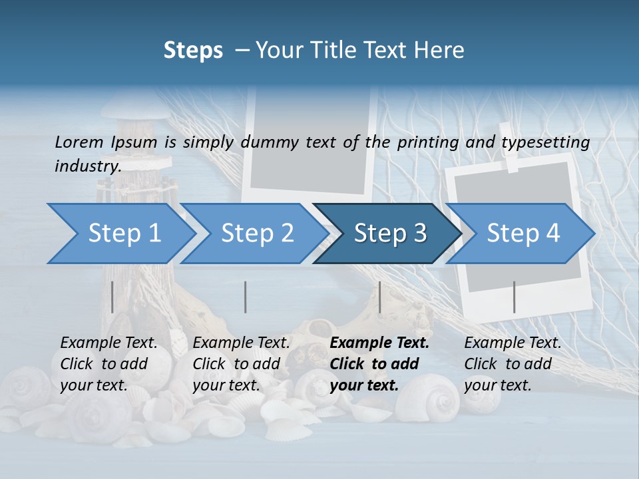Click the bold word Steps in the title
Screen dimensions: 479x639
click(193, 51)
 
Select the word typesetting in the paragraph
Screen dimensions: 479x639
click(545, 142)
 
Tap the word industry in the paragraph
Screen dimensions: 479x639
click(87, 166)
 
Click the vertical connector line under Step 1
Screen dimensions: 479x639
click(112, 297)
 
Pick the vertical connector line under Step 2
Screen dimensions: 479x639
click(246, 297)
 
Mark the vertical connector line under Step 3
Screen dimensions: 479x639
click(379, 297)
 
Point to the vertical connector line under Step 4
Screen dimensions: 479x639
click(514, 297)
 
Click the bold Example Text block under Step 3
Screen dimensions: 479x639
click(379, 364)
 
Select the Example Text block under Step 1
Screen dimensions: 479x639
click(108, 364)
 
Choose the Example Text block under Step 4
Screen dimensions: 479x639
click(513, 364)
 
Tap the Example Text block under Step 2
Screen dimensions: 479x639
click(241, 364)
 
